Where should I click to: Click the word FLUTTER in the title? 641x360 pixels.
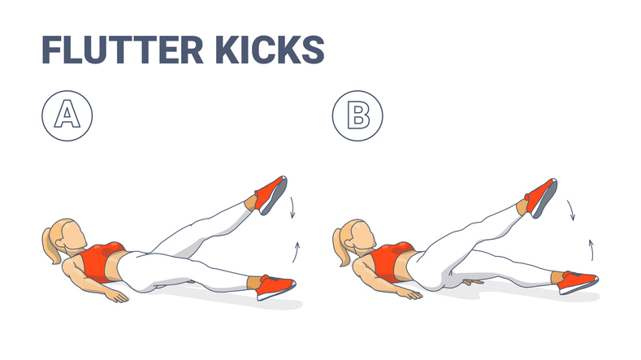[x=123, y=50]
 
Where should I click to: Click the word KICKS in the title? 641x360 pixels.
[x=270, y=50]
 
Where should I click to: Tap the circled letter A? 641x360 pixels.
[x=67, y=115]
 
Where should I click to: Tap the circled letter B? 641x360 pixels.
[x=357, y=115]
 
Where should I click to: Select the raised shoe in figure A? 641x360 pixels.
[x=271, y=195]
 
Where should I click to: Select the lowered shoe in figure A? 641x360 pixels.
[x=276, y=287]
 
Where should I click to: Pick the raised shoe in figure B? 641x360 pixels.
[x=541, y=198]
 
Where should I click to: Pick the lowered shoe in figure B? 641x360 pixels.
[x=579, y=282]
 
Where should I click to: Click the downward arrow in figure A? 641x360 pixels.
[x=292, y=207]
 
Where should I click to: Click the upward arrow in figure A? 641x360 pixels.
[x=296, y=252]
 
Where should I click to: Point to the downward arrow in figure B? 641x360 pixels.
[x=571, y=210]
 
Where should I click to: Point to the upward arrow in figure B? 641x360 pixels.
[x=591, y=250]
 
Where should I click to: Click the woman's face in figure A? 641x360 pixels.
[x=75, y=234]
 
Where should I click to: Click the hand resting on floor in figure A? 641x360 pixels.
[x=116, y=296]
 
